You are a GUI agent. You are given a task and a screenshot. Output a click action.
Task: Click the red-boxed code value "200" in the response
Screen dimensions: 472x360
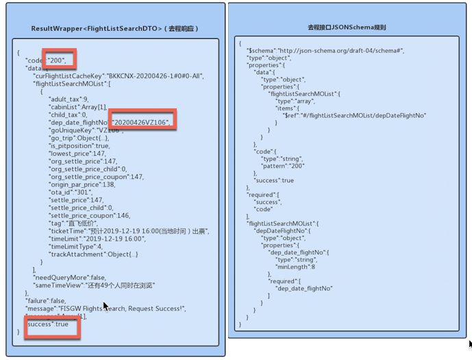[x=58, y=60]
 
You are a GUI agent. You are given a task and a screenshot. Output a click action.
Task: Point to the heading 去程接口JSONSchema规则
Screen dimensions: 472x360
[x=347, y=28]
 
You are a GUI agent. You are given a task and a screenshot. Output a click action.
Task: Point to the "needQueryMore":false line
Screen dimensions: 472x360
[x=69, y=276]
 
